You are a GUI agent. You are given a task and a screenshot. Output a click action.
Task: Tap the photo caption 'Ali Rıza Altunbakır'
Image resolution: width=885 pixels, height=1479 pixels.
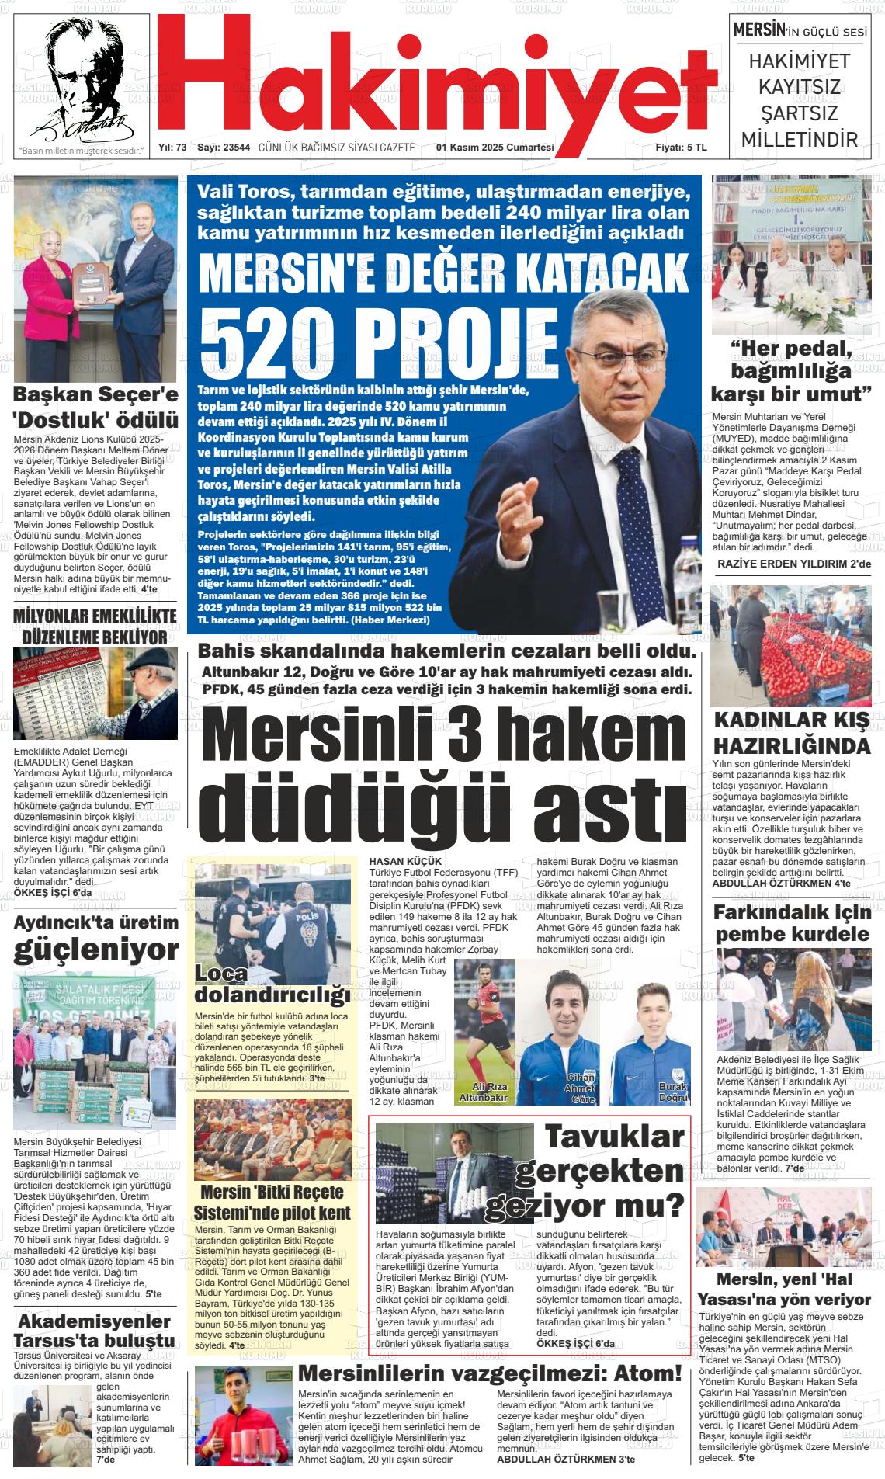[x=483, y=1092]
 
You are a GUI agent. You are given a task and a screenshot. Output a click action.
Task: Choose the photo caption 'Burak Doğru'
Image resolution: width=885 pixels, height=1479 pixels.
[x=672, y=1092]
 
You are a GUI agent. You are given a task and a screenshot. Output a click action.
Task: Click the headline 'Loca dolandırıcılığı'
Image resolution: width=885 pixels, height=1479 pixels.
[x=268, y=984]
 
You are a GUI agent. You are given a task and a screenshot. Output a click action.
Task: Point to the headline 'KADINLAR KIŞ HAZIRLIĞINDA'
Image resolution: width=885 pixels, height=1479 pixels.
[x=791, y=732]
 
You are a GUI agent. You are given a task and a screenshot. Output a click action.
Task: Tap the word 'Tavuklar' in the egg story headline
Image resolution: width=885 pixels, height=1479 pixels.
[x=613, y=1137]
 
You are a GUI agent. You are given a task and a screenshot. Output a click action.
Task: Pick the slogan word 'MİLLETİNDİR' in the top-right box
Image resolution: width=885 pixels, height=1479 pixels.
[x=800, y=140]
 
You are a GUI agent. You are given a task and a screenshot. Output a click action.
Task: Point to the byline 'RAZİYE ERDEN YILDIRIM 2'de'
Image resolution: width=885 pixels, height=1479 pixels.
[x=793, y=563]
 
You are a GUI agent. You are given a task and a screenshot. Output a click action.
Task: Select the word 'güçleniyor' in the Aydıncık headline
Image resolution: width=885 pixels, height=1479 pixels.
[x=95, y=949]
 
